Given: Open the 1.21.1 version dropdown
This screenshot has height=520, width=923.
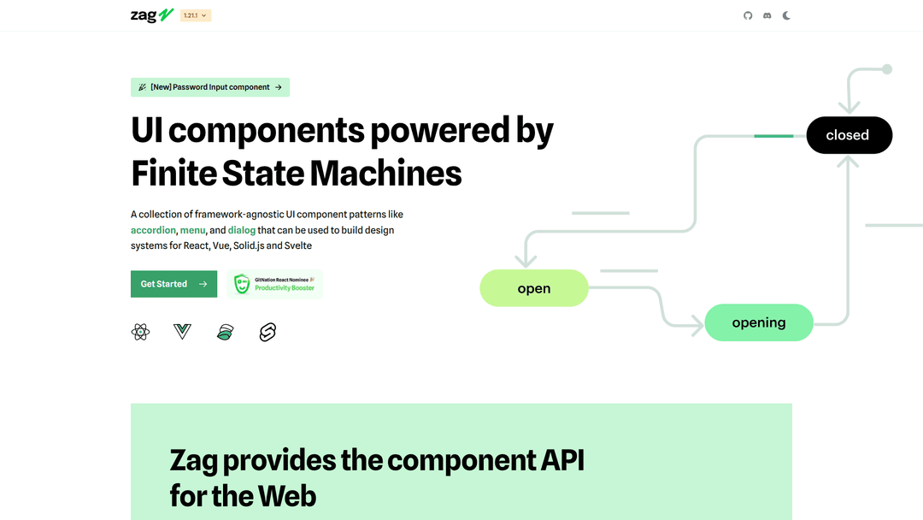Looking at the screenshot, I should pos(196,15).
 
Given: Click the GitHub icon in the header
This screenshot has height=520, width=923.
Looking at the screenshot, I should pos(748,15).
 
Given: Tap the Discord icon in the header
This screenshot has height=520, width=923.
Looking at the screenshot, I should pos(767,15).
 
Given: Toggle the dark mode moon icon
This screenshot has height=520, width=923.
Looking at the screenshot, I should pos(786,15).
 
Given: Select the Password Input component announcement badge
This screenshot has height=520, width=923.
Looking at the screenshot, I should pos(210,87).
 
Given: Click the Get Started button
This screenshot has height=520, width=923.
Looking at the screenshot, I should pos(173,284).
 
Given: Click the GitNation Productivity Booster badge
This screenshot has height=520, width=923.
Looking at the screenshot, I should pos(275,284).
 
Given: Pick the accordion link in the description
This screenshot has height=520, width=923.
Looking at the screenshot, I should pos(153,230).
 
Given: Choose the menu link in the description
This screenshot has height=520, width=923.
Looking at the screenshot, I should pos(192,230).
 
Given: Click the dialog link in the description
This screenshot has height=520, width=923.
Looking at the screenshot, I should pos(241,230).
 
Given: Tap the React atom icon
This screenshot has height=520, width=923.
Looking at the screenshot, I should pos(141,332).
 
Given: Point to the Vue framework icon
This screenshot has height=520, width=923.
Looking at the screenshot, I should pos(182,332).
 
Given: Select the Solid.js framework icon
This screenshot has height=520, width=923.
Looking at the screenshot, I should pos(225,332).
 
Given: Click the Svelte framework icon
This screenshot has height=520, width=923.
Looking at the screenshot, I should pos(267,332).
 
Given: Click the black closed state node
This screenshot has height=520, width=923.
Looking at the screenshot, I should pos(849,135).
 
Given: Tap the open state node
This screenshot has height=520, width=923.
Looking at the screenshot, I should pos(534,288).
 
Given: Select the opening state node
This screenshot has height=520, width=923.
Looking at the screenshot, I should pos(759,322).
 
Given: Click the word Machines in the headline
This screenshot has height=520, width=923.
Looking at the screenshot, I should pos(385,174).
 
